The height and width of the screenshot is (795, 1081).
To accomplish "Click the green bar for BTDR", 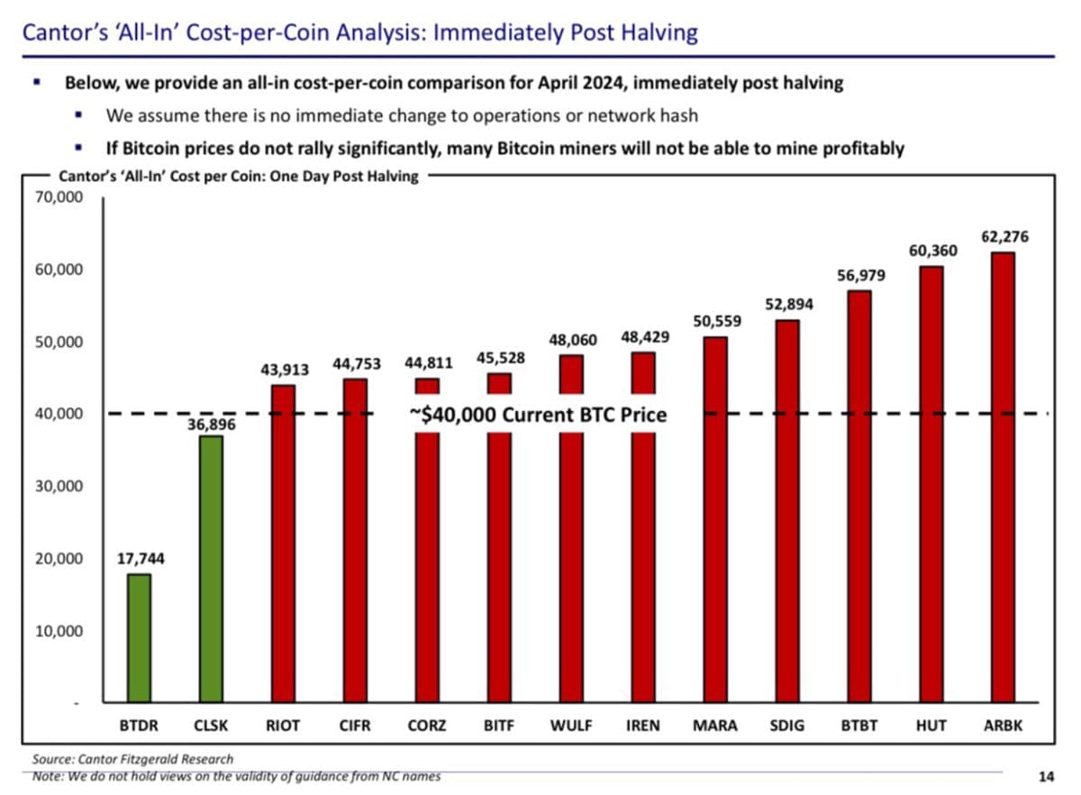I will pyautogui.click(x=139, y=638).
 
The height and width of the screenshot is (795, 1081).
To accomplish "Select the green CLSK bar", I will pyautogui.click(x=211, y=568).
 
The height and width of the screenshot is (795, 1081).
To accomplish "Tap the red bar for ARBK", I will pyautogui.click(x=1002, y=478).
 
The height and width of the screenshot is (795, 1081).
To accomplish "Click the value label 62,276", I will pyautogui.click(x=1004, y=238).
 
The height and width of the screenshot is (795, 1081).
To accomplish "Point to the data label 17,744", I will pyautogui.click(x=141, y=559).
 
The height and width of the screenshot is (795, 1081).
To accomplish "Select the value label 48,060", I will pyautogui.click(x=572, y=341).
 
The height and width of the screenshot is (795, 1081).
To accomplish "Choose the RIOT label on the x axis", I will pyautogui.click(x=284, y=725).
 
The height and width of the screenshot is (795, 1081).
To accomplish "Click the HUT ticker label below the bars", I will pyautogui.click(x=931, y=725).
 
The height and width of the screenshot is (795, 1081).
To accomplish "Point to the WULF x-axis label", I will pyautogui.click(x=571, y=725).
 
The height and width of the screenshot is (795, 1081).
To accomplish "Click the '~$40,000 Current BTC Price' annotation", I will pyautogui.click(x=538, y=416).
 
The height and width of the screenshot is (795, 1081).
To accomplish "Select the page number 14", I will pyautogui.click(x=1046, y=776).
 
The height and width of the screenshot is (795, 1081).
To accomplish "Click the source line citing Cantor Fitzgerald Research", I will pyautogui.click(x=132, y=759).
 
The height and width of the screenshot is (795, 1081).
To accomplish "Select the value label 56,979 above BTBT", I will pyautogui.click(x=861, y=276).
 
